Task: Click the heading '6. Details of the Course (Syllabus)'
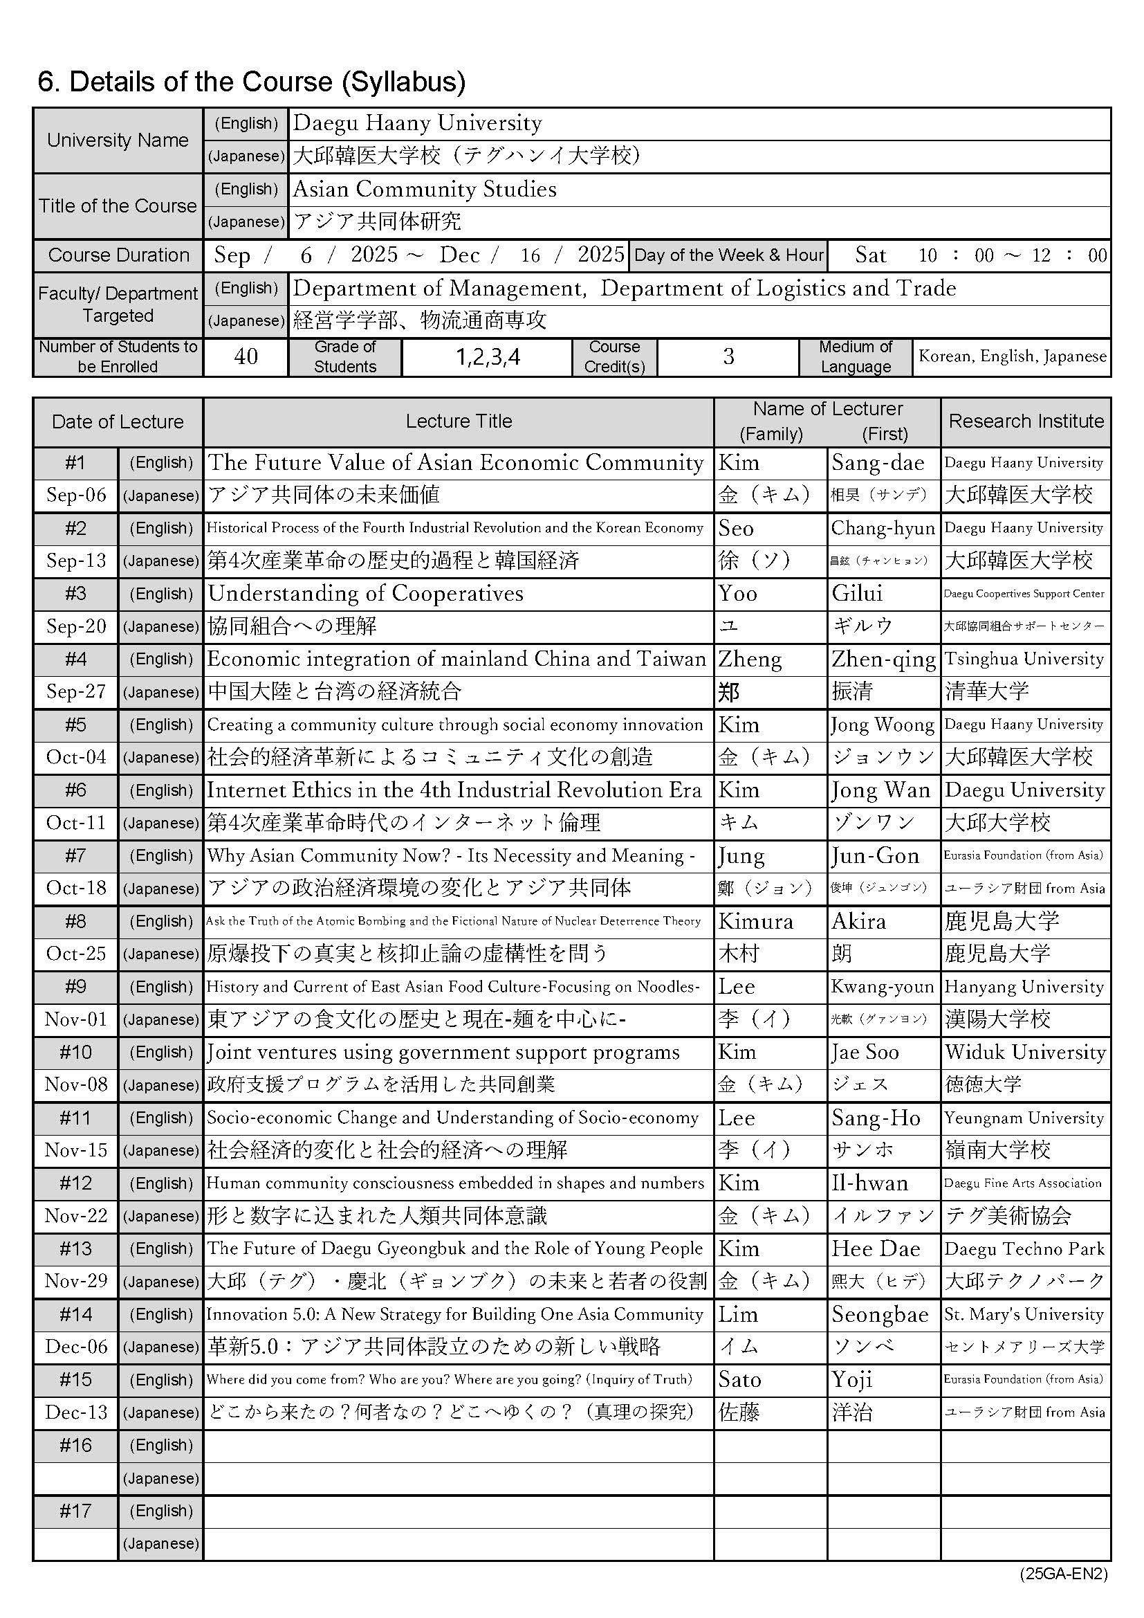[x=252, y=82]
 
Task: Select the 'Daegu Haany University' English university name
[x=418, y=123]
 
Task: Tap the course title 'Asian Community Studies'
[x=425, y=189]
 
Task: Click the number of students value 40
[x=245, y=356]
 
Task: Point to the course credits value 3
[x=728, y=356]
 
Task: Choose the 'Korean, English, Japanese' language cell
[x=1012, y=356]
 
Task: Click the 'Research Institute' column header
[x=1026, y=421]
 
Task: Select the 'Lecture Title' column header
[x=459, y=421]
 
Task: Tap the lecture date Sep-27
[x=76, y=691]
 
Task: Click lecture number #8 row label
[x=76, y=921]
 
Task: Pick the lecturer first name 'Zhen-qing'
[x=883, y=659]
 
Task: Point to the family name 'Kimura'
[x=755, y=921]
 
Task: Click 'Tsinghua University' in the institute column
[x=1024, y=659]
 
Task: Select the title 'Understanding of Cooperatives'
[x=366, y=593]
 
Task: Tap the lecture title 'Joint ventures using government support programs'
[x=443, y=1052]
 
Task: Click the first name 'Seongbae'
[x=879, y=1314]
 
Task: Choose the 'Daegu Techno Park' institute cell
[x=1024, y=1248]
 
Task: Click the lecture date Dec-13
[x=76, y=1412]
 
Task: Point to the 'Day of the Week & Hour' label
[x=728, y=255]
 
